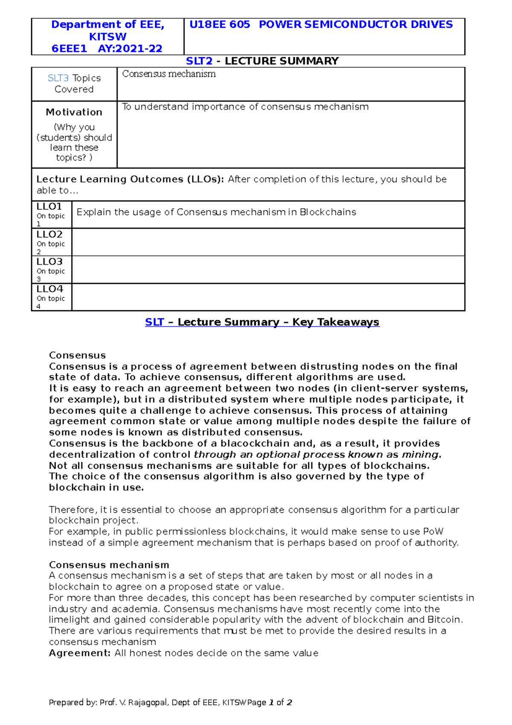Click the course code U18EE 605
click(219, 25)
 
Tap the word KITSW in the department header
click(108, 37)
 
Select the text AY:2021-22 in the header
click(130, 49)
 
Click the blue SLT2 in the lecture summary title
click(199, 61)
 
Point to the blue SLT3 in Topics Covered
click(58, 78)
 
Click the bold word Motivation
click(74, 112)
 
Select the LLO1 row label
click(49, 207)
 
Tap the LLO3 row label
click(49, 262)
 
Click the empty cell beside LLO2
click(268, 242)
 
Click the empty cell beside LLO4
click(268, 297)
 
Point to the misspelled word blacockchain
click(256, 444)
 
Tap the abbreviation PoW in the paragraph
click(433, 532)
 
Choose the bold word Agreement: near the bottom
click(80, 653)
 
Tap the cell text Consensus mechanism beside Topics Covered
click(169, 74)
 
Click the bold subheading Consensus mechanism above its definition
click(109, 565)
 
